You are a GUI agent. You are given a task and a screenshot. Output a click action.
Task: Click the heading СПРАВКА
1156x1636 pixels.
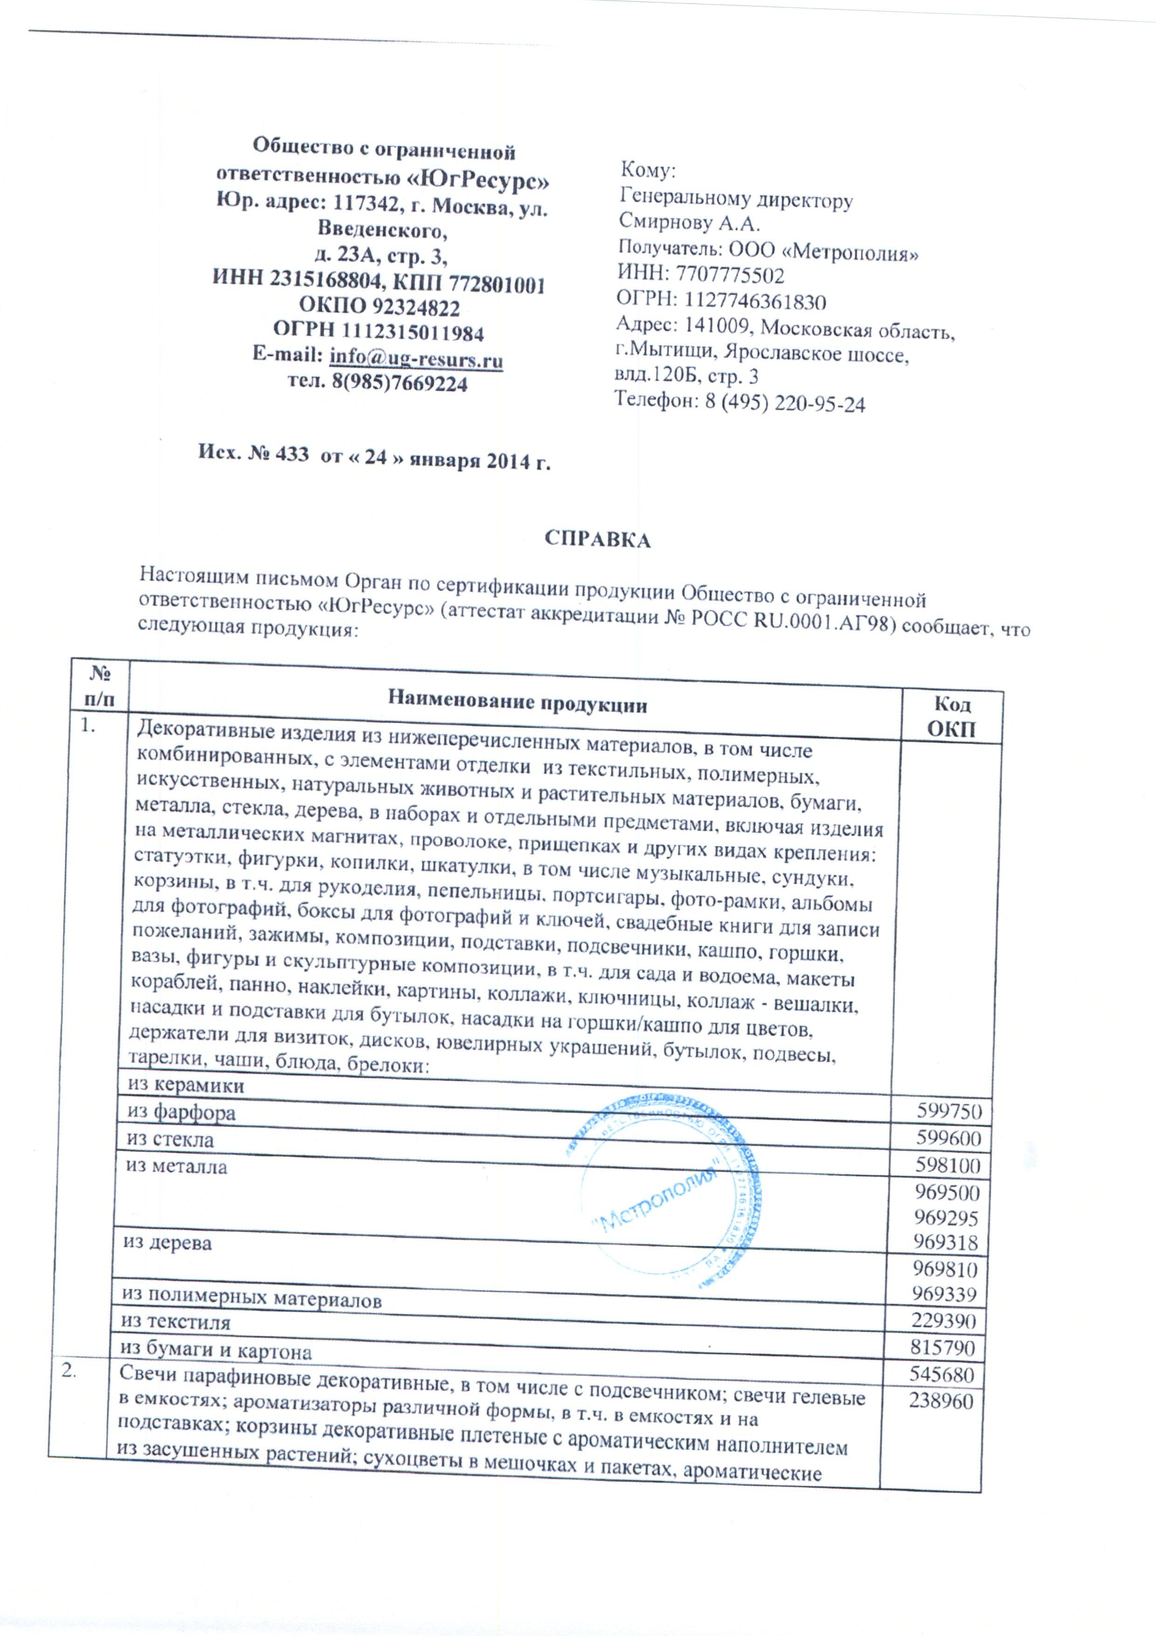pos(599,539)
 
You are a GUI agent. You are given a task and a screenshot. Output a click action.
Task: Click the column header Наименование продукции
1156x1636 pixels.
pos(518,704)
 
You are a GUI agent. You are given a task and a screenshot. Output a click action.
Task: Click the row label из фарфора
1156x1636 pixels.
pos(181,1112)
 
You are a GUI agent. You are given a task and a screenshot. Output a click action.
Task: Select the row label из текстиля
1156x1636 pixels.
pos(177,1323)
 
